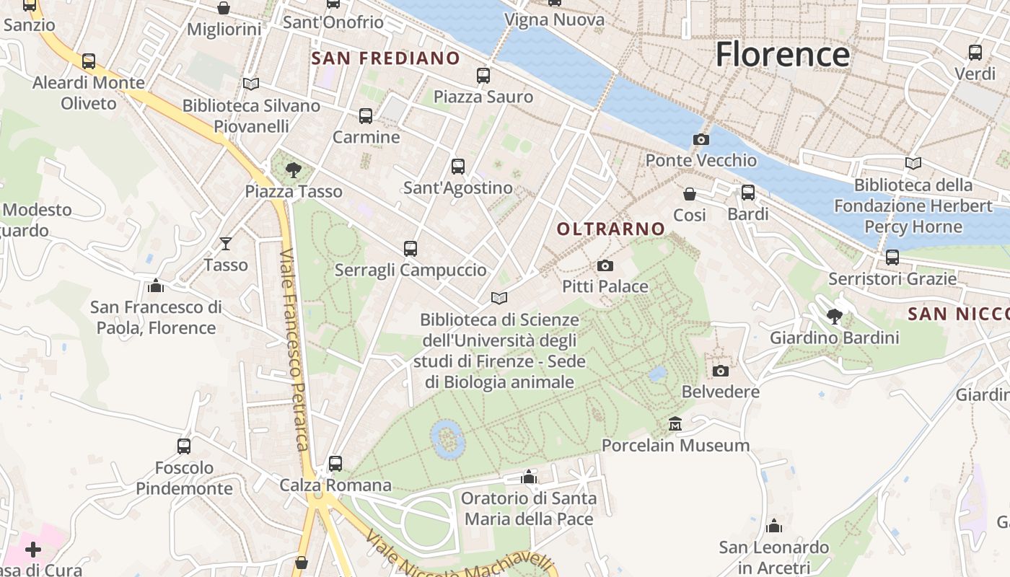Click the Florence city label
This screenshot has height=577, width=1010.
click(x=783, y=55)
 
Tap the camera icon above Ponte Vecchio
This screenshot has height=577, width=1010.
click(x=701, y=139)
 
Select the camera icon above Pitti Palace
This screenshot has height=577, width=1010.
click(x=605, y=265)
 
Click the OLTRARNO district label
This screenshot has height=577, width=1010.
click(x=611, y=229)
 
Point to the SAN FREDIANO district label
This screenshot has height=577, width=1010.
click(x=385, y=58)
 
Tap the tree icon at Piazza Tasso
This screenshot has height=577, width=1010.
click(x=293, y=170)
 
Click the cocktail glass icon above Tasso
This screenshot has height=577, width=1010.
click(x=226, y=244)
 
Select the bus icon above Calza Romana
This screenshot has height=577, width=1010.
click(x=335, y=463)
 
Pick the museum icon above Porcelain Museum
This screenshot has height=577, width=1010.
click(x=675, y=423)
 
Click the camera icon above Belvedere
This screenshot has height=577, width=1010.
click(x=720, y=371)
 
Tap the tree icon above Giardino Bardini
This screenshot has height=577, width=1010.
click(x=835, y=316)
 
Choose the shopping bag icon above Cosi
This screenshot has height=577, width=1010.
click(x=690, y=193)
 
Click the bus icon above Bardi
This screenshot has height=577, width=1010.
click(x=748, y=193)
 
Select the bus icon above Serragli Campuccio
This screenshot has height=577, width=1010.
click(x=410, y=249)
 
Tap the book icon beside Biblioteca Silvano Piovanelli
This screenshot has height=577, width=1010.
click(x=250, y=84)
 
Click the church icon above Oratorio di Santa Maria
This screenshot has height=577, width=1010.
click(x=529, y=477)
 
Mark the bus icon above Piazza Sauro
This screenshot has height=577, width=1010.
click(x=483, y=75)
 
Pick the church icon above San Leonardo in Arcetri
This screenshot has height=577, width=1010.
click(x=774, y=526)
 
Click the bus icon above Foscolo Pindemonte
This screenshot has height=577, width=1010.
click(x=184, y=446)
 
